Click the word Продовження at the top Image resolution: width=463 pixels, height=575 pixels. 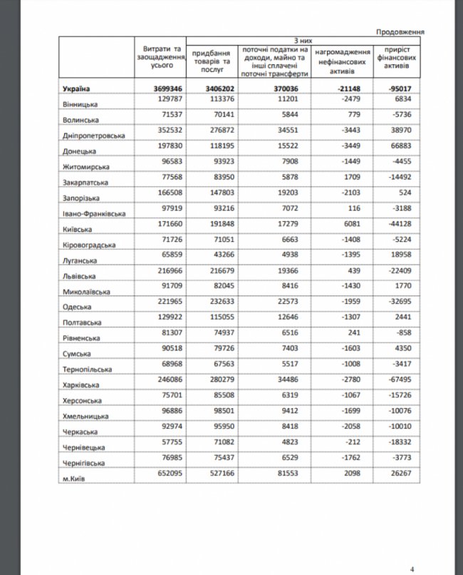point(401,32)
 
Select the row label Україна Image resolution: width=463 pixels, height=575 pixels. point(75,89)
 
